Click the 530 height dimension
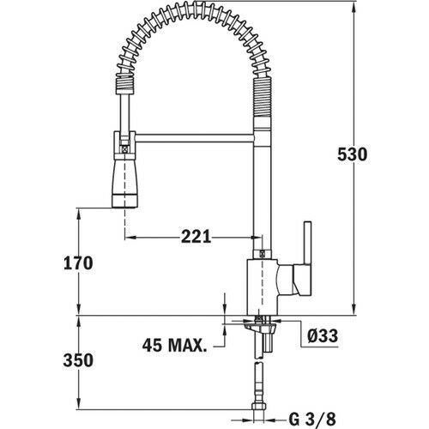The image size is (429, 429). pyautogui.click(x=352, y=154)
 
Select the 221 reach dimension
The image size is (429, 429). pyautogui.click(x=196, y=237)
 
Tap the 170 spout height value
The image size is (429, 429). pyautogui.click(x=78, y=263)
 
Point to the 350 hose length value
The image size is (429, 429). pyautogui.click(x=78, y=360)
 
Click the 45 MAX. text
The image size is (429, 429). pyautogui.click(x=175, y=346)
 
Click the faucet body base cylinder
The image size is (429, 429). pyautogui.click(x=261, y=287)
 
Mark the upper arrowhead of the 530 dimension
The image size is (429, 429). pyautogui.click(x=352, y=7)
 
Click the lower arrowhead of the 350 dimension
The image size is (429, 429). pyautogui.click(x=78, y=408)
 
